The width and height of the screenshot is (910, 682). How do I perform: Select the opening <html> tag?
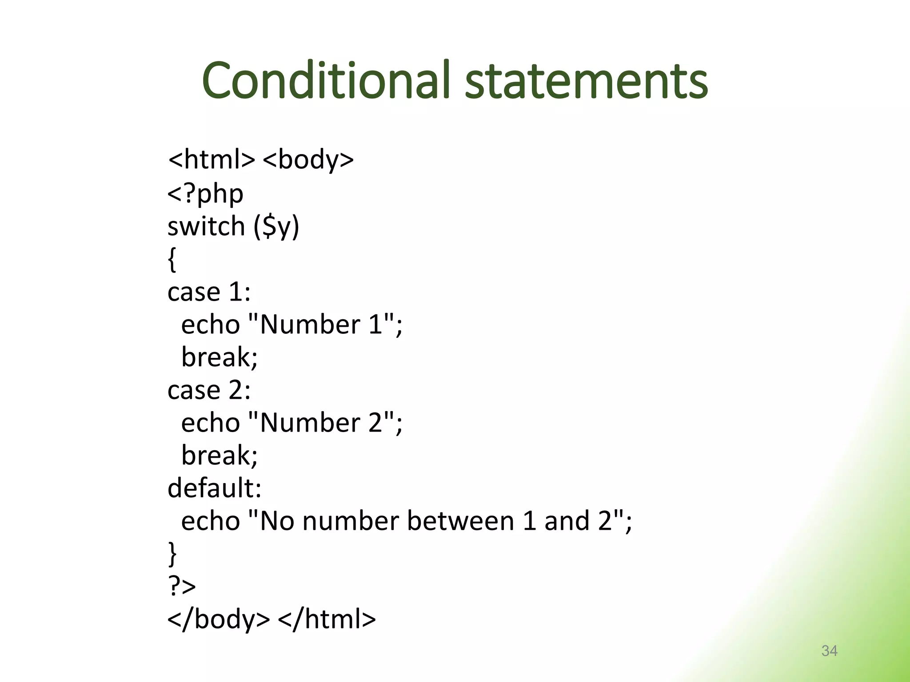point(211,160)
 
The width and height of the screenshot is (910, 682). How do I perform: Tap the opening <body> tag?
point(308,160)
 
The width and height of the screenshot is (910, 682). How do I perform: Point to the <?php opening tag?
point(205,194)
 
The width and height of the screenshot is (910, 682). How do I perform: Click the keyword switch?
point(206,226)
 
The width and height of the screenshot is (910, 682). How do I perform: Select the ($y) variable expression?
point(276,227)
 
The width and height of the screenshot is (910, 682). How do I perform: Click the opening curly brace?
point(172,260)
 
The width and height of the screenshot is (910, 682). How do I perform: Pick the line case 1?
point(209,292)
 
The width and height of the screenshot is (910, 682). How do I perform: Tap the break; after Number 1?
point(219,357)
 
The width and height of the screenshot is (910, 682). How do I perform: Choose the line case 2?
point(209,390)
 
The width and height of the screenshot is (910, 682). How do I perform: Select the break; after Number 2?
point(219,456)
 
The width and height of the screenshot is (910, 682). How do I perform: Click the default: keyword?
point(214,488)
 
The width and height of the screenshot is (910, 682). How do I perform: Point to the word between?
point(460,521)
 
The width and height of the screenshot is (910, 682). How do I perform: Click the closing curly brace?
point(172,554)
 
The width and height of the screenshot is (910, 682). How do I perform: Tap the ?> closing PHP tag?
point(182,586)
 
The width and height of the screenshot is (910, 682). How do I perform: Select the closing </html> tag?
point(327,619)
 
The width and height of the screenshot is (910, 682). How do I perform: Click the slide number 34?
point(829,651)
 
